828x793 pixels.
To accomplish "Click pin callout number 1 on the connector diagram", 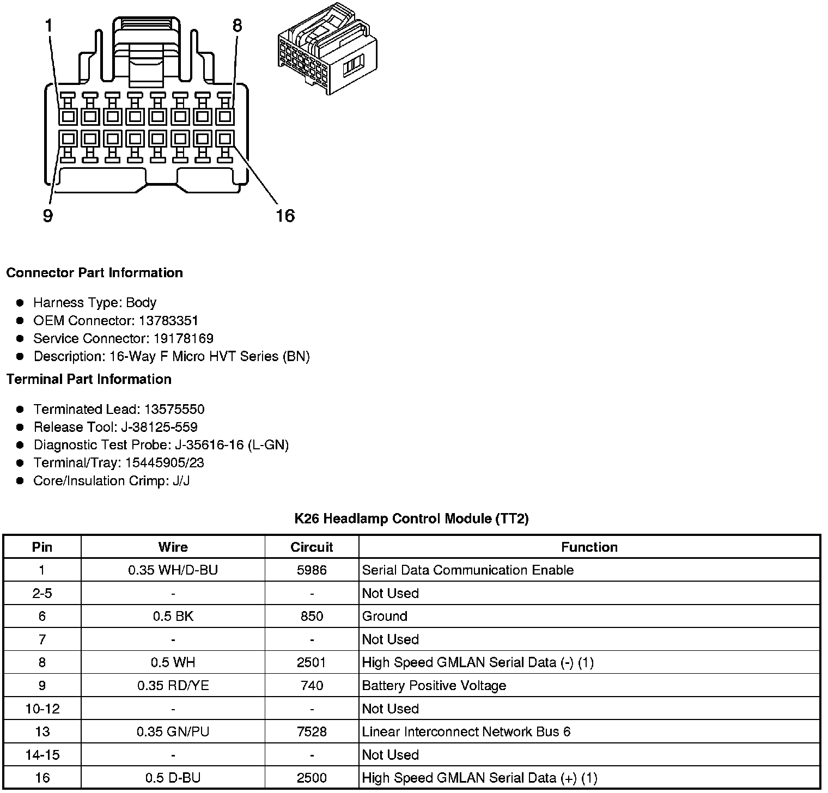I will [x=49, y=25].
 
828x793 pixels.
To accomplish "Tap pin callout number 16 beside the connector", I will [x=285, y=216].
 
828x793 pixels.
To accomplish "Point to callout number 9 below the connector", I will [x=48, y=216].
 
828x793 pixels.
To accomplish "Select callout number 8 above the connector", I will [x=237, y=25].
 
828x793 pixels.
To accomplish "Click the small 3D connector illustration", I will [x=327, y=50].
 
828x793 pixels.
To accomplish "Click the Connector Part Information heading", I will [x=94, y=273].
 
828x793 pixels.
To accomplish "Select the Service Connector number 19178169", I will [x=183, y=338].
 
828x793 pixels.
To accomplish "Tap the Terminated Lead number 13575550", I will [x=174, y=409].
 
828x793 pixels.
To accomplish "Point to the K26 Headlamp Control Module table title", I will [x=411, y=518].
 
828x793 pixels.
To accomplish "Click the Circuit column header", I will [x=312, y=547].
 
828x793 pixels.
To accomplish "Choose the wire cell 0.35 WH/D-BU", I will [x=173, y=570].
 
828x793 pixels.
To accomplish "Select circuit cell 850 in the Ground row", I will [x=312, y=616].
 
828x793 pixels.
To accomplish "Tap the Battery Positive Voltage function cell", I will [x=434, y=685].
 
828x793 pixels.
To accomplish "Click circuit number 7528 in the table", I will [x=312, y=731].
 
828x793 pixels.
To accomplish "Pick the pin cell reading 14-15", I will [x=42, y=755].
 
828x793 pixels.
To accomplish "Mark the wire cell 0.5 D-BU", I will [x=173, y=778].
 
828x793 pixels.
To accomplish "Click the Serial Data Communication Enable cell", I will [x=467, y=570].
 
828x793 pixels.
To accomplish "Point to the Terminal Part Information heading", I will [x=89, y=379].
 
